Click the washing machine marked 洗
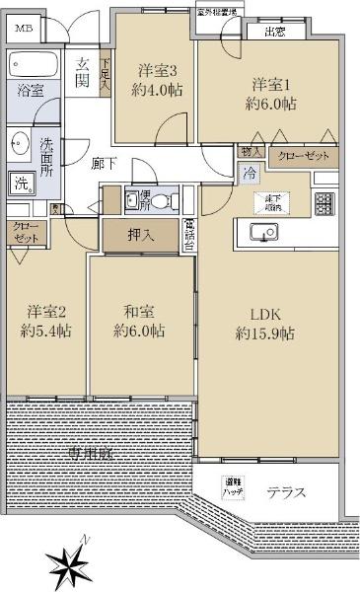(21, 183)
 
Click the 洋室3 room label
(157, 70)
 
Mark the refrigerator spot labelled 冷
(250, 173)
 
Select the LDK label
(265, 315)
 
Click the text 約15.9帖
(265, 333)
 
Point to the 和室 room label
(138, 312)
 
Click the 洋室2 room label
(44, 312)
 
